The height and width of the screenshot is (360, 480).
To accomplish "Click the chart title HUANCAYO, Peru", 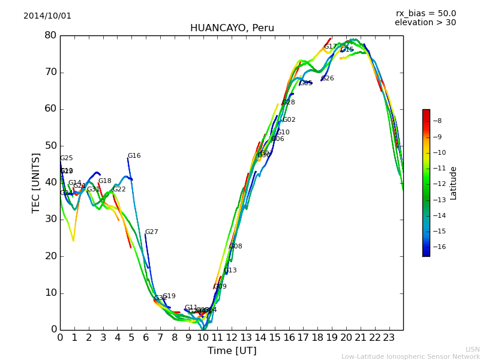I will pos(232,28).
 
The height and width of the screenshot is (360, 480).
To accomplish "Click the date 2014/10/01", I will pos(47,16).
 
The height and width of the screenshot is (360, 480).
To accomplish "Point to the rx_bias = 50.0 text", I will pos(425,14).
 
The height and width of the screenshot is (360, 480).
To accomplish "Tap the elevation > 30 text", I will pos(425,23).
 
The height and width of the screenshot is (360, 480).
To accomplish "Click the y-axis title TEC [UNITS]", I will pos(36,182).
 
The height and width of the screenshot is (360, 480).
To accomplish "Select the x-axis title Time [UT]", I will pos(232,351).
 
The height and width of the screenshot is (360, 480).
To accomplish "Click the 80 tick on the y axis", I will pos(50,35).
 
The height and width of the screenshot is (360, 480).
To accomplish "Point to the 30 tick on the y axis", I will pos(50,219).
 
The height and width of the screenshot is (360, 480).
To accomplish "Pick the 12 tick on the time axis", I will pos(232,338).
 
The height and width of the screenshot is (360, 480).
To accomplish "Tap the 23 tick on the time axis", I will pos(389,338).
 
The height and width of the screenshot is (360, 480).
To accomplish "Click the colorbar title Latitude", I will pos(454,183).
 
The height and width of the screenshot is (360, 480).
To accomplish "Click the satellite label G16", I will pos(134,156).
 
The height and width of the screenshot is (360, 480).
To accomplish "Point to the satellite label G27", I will pos(151,232).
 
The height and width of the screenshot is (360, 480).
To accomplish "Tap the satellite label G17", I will pos(331,47).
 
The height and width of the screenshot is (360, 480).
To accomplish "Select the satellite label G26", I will pos(328,79).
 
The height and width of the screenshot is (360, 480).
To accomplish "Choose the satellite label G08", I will pos(236,247).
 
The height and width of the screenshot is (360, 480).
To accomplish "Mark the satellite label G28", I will pos(289,103).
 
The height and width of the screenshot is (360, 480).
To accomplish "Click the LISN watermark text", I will pos(472,349).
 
